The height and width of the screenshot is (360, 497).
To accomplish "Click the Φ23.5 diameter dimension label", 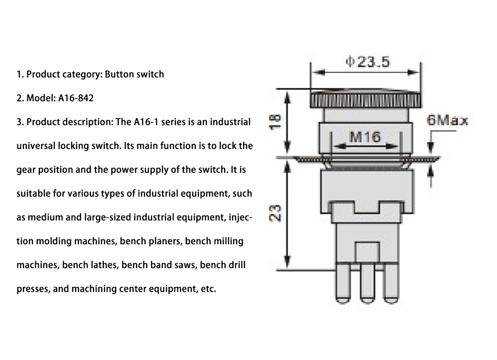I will (367, 62).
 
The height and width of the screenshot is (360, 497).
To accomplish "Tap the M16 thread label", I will (365, 137).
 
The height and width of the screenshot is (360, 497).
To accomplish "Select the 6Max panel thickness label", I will (447, 121).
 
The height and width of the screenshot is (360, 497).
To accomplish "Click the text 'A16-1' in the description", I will (146, 122).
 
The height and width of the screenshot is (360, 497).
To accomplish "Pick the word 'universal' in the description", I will (34, 146).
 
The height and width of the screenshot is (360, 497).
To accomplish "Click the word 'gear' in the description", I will (25, 170).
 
